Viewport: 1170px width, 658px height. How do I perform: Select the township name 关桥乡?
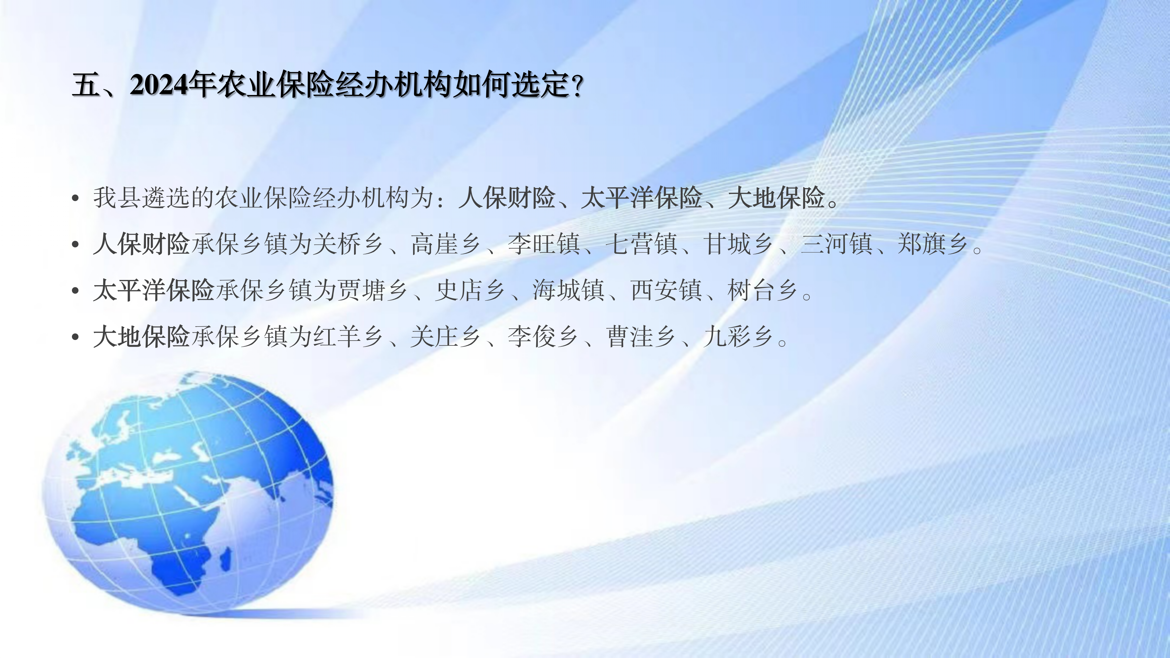click(348, 244)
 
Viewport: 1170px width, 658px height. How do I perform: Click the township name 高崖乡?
click(445, 244)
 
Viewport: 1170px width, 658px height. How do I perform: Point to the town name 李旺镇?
click(544, 244)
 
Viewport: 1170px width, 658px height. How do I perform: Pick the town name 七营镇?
click(641, 244)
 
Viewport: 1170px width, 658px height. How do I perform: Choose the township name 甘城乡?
click(739, 244)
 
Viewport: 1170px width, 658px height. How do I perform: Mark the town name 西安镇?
click(666, 291)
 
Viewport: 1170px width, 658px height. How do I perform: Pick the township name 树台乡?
click(763, 291)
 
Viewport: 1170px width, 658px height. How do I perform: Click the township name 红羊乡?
click(348, 337)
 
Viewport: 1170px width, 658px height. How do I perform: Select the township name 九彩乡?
click(739, 337)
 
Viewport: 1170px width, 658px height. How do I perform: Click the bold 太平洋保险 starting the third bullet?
click(154, 291)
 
